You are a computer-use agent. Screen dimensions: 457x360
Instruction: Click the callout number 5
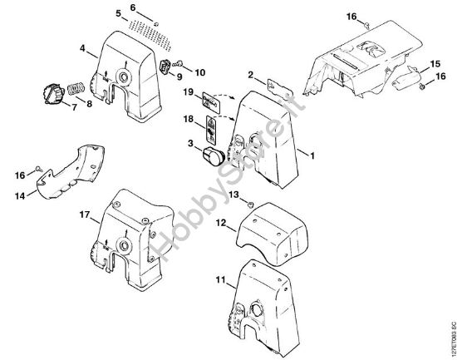tap(118, 13)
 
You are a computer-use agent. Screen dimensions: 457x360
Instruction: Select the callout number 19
tap(189, 92)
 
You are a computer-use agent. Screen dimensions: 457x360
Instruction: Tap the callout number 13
tap(233, 195)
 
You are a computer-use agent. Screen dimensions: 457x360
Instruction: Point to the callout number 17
tap(85, 215)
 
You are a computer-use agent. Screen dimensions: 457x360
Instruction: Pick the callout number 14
tap(20, 195)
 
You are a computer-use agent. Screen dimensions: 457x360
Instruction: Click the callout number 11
tap(221, 280)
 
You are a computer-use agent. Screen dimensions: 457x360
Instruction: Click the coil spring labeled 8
tap(76, 88)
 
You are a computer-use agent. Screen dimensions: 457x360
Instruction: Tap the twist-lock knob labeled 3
tap(213, 156)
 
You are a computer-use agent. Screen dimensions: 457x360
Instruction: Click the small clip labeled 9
tap(165, 67)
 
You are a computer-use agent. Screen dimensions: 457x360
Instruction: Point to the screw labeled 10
tap(178, 62)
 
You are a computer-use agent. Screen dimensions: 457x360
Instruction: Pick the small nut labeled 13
tap(250, 205)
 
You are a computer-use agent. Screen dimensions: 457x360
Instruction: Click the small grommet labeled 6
tap(156, 24)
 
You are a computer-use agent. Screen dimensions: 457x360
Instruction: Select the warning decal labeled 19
tap(210, 102)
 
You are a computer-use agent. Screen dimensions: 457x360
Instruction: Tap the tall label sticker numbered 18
tap(212, 130)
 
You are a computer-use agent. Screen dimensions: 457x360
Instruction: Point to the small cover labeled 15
tap(406, 77)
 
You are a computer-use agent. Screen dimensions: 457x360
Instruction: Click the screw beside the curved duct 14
tap(39, 168)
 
